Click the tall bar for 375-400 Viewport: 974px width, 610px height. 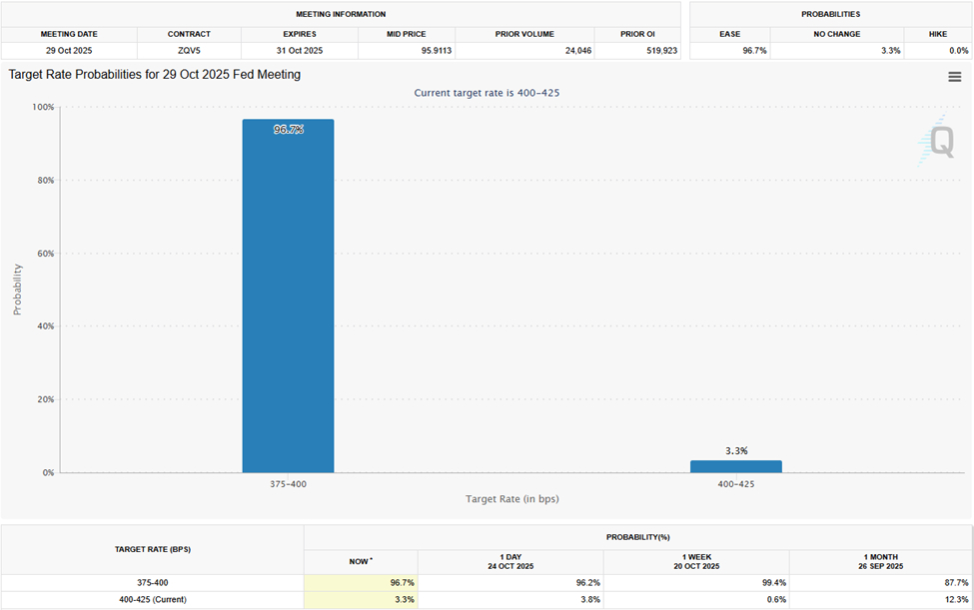coord(288,300)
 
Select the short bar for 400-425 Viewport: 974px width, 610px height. coord(735,466)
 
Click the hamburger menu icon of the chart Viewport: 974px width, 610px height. coord(954,77)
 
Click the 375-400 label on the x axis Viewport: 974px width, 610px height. coord(288,484)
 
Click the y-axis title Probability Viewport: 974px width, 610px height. coord(17,290)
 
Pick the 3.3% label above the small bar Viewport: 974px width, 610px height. coord(735,451)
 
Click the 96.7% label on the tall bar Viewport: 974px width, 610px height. coord(288,130)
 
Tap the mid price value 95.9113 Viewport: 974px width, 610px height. coord(406,50)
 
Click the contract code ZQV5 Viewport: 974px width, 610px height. coord(189,50)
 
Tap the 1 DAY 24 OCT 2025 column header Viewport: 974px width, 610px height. coord(510,561)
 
